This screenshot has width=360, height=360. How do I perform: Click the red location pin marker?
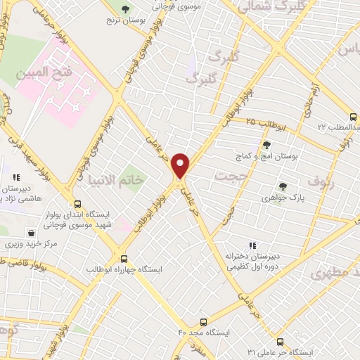[x=181, y=165]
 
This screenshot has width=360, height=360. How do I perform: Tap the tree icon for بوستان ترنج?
[x=125, y=9]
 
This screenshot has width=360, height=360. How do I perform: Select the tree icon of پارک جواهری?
[x=283, y=186]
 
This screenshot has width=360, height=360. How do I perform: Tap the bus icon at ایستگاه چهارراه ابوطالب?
[x=124, y=258]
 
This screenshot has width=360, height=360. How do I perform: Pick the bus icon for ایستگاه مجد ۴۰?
[x=204, y=320]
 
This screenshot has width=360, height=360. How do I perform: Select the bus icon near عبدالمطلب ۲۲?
[x=352, y=117]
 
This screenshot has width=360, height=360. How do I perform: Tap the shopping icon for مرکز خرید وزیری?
[x=32, y=233]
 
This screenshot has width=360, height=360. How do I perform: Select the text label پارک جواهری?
[x=283, y=198]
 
